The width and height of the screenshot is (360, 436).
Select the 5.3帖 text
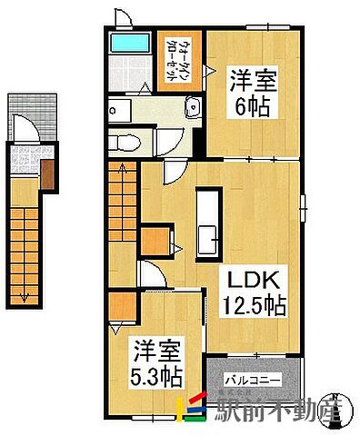153,375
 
